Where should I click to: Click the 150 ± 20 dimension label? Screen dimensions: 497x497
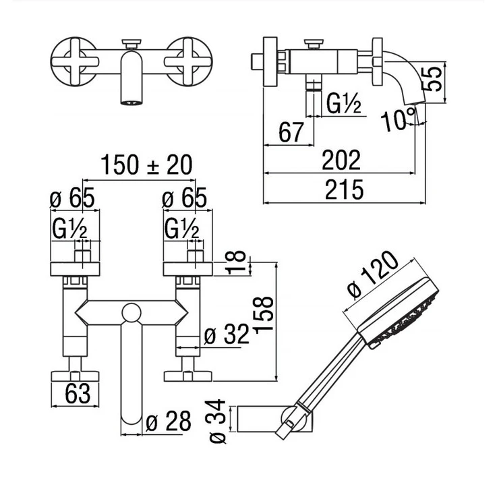(x=146, y=165)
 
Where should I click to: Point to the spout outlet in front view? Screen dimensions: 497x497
(x=131, y=101)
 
